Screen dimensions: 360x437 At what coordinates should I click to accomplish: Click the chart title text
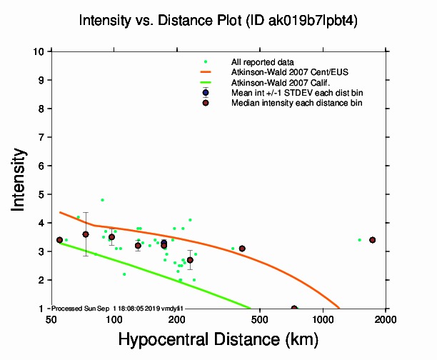[218, 21]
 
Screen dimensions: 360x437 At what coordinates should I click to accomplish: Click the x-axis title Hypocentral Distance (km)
[218, 340]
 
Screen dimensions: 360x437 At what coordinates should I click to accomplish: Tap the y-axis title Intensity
[20, 179]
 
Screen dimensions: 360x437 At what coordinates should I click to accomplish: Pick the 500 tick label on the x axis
[260, 319]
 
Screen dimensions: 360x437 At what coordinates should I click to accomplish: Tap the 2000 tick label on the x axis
[386, 319]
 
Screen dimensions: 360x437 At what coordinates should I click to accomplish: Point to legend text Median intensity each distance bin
[296, 104]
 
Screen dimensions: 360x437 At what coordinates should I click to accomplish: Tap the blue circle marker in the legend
[206, 93]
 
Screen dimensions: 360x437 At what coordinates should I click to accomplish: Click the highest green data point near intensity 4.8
[102, 200]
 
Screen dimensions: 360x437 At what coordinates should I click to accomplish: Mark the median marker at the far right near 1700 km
[372, 240]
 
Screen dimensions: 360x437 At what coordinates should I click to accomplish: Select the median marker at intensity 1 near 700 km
[294, 309]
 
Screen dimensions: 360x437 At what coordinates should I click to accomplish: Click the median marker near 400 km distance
[242, 249]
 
